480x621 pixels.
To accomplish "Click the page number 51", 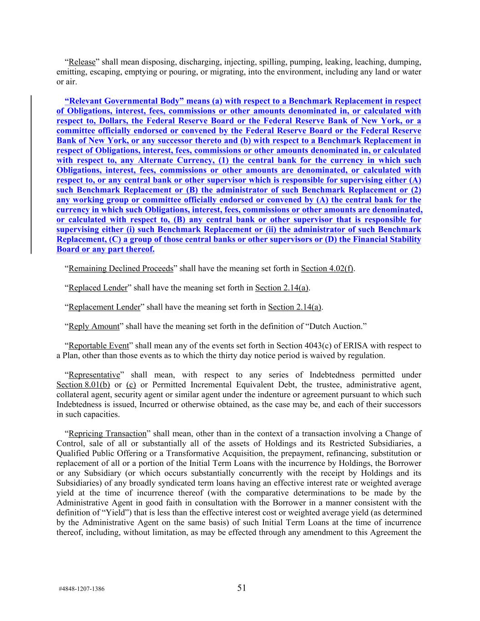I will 242,588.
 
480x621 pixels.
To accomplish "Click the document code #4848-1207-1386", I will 81,589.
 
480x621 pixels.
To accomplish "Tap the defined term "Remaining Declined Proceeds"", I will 121,268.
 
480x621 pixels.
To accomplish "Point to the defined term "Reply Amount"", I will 94,327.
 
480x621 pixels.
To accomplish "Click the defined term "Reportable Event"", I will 99,346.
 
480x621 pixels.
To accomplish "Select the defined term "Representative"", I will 94,375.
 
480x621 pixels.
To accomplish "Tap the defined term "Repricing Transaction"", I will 107,434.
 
